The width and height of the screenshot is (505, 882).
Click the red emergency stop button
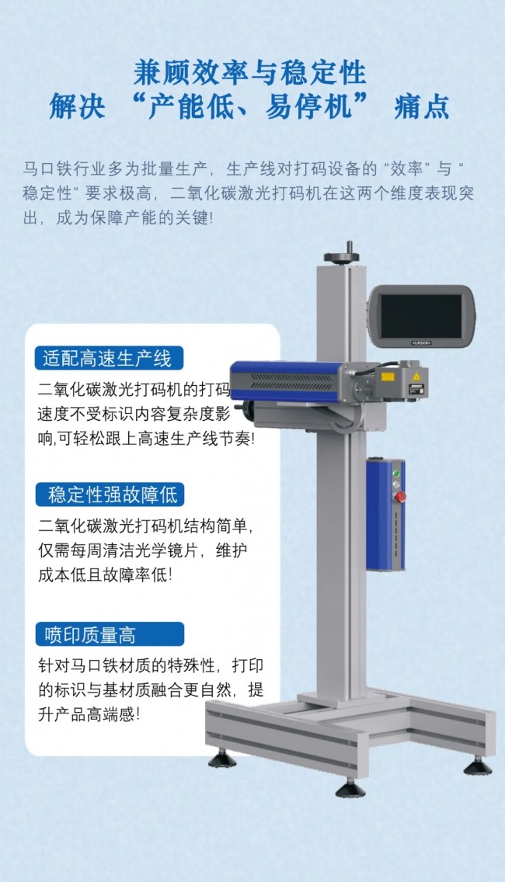pos(399,497)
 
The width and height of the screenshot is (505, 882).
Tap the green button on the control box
pos(395,474)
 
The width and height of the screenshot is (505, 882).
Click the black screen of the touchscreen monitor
pos(421,316)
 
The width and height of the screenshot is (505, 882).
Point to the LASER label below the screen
pos(421,342)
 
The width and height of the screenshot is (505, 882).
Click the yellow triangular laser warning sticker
pos(416,377)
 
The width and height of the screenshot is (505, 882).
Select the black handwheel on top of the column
pos(341,256)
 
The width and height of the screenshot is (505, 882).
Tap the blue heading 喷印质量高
pos(110,634)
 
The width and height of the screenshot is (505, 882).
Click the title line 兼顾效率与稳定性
pos(250,73)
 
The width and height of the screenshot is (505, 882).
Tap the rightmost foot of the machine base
pos(477,766)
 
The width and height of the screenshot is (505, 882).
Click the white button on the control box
pos(395,484)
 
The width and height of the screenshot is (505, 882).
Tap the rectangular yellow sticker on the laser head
pos(388,377)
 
